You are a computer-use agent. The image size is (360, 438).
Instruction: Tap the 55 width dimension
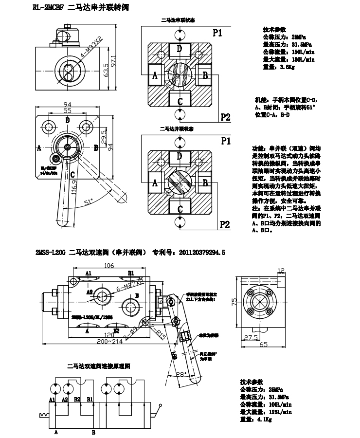[x=67, y=111]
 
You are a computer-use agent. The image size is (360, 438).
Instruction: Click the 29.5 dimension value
[x=104, y=134]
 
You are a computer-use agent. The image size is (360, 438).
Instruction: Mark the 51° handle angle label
[x=88, y=201]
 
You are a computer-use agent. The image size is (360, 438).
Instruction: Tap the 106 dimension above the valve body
[x=108, y=266]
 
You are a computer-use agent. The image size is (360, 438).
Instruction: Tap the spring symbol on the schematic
[x=43, y=415]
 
